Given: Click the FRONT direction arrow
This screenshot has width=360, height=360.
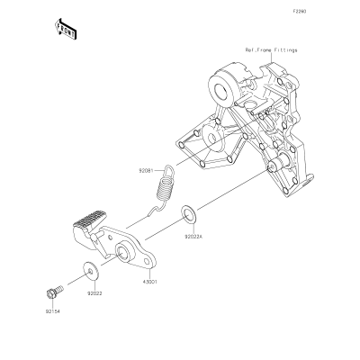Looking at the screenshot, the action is [66, 29].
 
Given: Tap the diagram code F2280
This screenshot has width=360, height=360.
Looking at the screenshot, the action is [300, 12].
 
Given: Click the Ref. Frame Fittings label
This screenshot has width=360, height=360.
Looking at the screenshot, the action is [271, 50].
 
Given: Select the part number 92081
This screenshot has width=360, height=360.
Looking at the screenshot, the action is [146, 171].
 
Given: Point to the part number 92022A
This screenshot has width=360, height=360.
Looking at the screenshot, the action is [193, 237].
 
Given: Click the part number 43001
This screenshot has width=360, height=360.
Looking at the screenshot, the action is [149, 282].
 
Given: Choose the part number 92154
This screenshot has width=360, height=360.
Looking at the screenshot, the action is [53, 311].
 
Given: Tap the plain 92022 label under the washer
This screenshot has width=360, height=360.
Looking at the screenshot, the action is [94, 293].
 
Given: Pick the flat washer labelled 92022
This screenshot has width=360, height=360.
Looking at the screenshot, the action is [91, 271].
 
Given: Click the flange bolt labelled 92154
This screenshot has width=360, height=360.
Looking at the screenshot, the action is [55, 292].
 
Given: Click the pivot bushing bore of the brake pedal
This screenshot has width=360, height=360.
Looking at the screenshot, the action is [121, 252].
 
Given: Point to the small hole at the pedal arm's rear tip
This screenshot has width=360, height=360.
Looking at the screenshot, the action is [148, 262].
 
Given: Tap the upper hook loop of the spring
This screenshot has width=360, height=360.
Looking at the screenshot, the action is [168, 172].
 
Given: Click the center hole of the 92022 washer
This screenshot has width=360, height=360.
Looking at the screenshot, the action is [90, 271].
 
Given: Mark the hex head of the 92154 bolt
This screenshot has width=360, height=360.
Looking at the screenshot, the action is [51, 293].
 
